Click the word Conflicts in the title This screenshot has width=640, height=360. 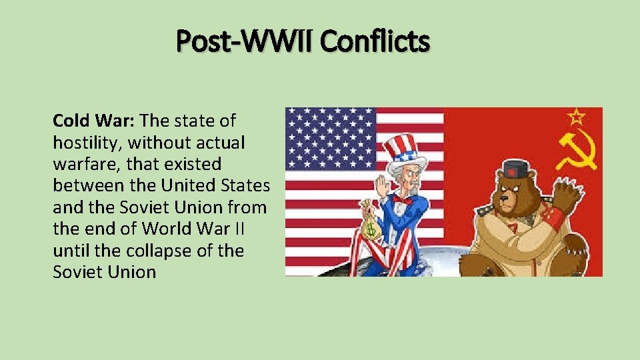[x=375, y=41]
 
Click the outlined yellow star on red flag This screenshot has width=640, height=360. [x=577, y=117]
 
